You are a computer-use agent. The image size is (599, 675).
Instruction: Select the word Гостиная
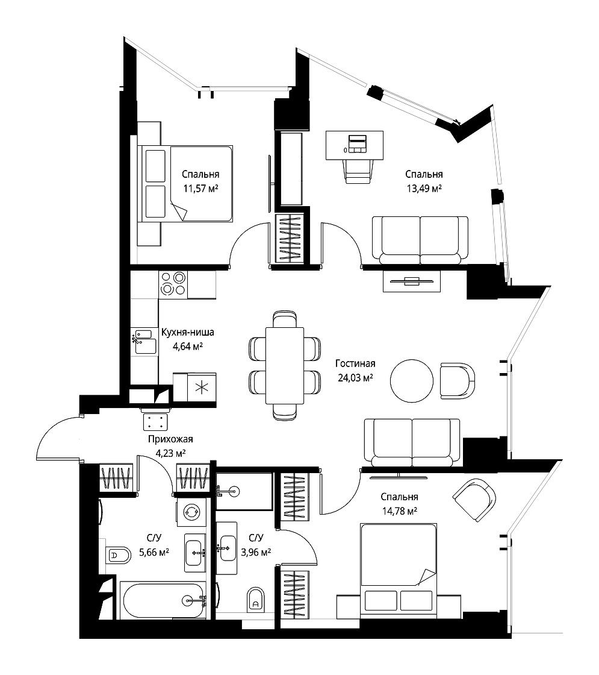pyautogui.click(x=355, y=364)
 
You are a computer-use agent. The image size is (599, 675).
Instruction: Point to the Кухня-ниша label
pyautogui.click(x=187, y=332)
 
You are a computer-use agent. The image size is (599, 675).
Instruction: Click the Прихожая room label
pyautogui.click(x=170, y=439)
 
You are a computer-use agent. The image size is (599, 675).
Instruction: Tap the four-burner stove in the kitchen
pyautogui.click(x=173, y=284)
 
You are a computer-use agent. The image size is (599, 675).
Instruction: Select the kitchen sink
pyautogui.click(x=145, y=342)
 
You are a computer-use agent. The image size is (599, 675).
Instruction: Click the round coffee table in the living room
pyautogui.click(x=412, y=381)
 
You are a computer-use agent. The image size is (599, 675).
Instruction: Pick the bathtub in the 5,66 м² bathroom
pyautogui.click(x=163, y=600)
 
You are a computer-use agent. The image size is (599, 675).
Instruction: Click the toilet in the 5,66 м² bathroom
pyautogui.click(x=117, y=556)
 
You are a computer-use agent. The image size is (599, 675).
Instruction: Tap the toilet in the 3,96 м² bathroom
pyautogui.click(x=256, y=599)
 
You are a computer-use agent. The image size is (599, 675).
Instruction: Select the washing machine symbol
pyautogui.click(x=190, y=512)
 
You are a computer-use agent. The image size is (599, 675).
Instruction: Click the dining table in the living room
pyautogui.click(x=285, y=365)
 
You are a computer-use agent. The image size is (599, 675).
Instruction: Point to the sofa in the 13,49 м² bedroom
pyautogui.click(x=420, y=240)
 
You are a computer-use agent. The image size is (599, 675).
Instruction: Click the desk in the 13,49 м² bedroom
pyautogui.click(x=355, y=145)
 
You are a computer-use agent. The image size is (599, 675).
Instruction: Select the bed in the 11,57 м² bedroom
pyautogui.click(x=185, y=184)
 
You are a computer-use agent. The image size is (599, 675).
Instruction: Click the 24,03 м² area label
pyautogui.click(x=355, y=378)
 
